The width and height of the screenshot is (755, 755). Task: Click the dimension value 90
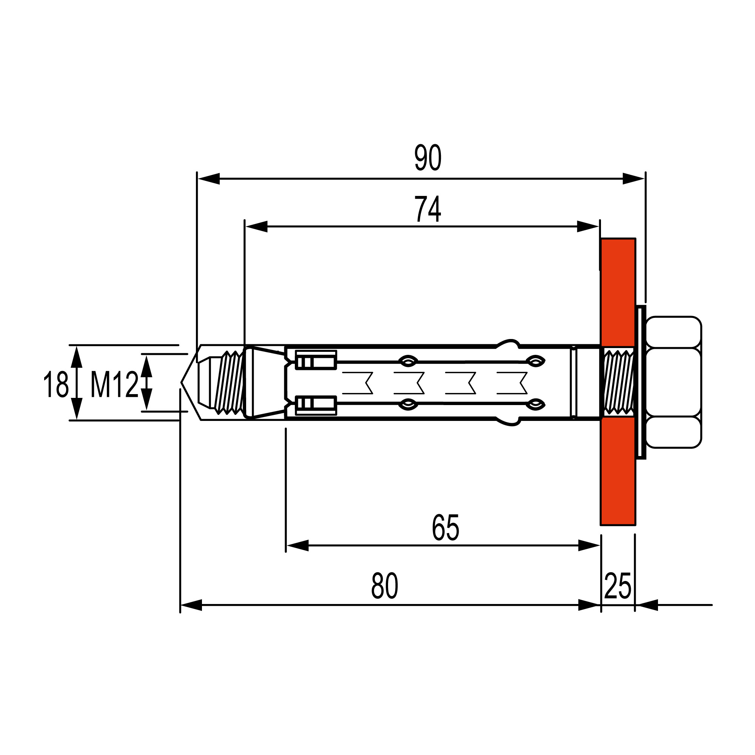pyautogui.click(x=428, y=157)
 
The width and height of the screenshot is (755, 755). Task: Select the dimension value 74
pyautogui.click(x=428, y=209)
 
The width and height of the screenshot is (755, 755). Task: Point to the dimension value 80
pyautogui.click(x=385, y=586)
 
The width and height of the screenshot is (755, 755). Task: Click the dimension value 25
pyautogui.click(x=618, y=586)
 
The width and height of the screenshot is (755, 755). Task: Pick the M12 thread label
pyautogui.click(x=114, y=385)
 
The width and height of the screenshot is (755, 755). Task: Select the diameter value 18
pyautogui.click(x=56, y=385)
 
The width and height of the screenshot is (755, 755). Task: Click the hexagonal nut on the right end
pyautogui.click(x=673, y=382)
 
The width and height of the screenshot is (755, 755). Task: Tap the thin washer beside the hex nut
pyautogui.click(x=641, y=382)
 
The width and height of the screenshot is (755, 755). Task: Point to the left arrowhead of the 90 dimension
pyautogui.click(x=209, y=179)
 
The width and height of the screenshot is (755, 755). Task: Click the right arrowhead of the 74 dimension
pyautogui.click(x=588, y=226)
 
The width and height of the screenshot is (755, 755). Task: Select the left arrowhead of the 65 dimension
pyautogui.click(x=297, y=545)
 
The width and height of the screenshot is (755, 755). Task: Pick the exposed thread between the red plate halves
pyautogui.click(x=619, y=382)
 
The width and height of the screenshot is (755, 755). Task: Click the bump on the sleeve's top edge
pyautogui.click(x=508, y=343)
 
